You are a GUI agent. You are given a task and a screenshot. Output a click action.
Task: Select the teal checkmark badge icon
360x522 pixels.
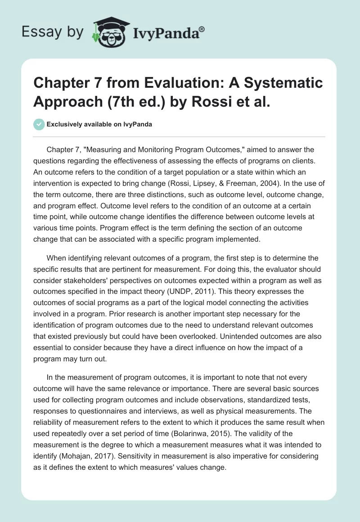point(39,124)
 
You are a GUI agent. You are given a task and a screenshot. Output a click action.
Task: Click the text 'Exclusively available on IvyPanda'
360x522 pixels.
point(99,124)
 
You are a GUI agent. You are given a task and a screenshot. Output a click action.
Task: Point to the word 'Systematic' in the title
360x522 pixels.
point(284,83)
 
